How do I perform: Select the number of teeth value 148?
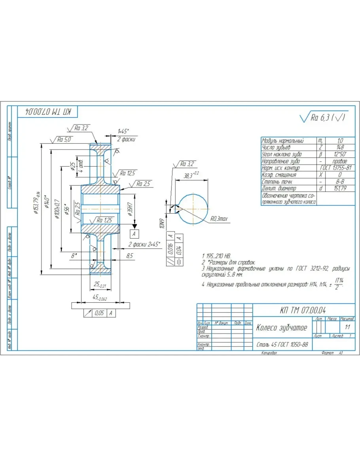click(x=340, y=147)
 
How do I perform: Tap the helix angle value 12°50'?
click(x=340, y=154)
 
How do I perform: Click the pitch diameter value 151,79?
click(x=340, y=188)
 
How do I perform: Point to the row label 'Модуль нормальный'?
click(x=283, y=140)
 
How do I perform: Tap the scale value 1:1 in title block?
click(x=347, y=328)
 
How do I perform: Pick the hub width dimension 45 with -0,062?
click(x=99, y=298)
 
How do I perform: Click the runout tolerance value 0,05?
click(x=99, y=313)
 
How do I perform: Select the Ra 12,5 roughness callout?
click(x=127, y=173)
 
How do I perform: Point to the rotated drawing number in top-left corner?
click(x=48, y=112)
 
